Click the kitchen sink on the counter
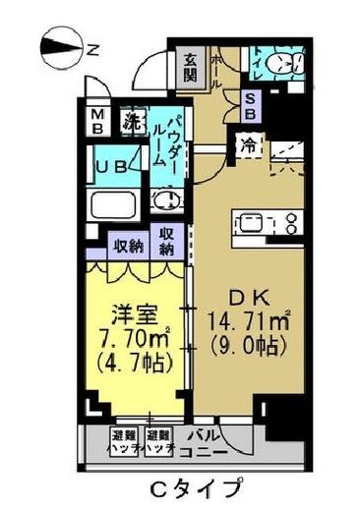tap(250, 222)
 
